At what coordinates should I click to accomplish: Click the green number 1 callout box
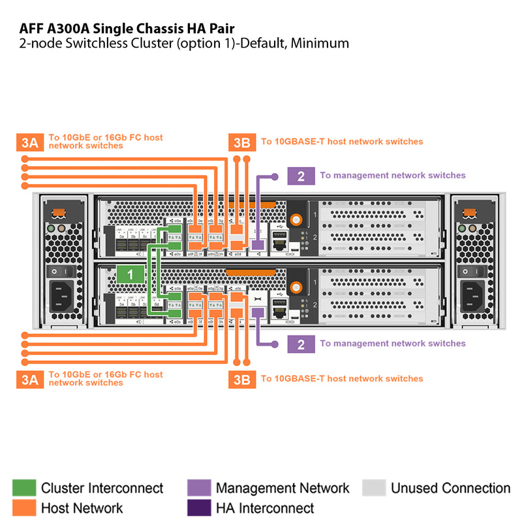coord(130,275)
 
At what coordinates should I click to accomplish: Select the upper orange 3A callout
coord(29,142)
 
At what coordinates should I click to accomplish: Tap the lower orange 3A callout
coord(29,378)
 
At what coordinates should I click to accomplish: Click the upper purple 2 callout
coord(301,176)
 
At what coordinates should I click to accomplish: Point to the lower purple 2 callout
coord(301,344)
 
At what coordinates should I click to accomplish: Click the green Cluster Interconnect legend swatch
coord(24,488)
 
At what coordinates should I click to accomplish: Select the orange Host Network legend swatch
coord(24,508)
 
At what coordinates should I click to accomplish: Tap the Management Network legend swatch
coord(199,488)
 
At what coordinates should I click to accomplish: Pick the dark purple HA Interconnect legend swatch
coord(199,508)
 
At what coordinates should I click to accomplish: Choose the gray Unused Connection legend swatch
coord(374,488)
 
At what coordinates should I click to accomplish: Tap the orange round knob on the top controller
coord(297,219)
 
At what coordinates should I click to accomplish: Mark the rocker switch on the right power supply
coord(467,269)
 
